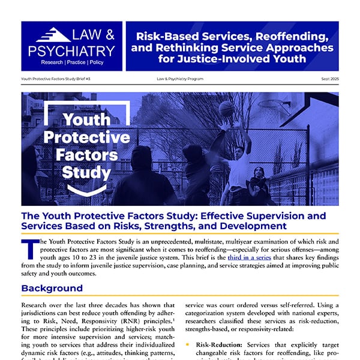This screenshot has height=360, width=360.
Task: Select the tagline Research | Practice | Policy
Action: click(x=72, y=62)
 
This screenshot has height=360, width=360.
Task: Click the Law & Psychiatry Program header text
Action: click(x=179, y=79)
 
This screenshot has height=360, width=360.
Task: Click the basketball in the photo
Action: click(x=226, y=109)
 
